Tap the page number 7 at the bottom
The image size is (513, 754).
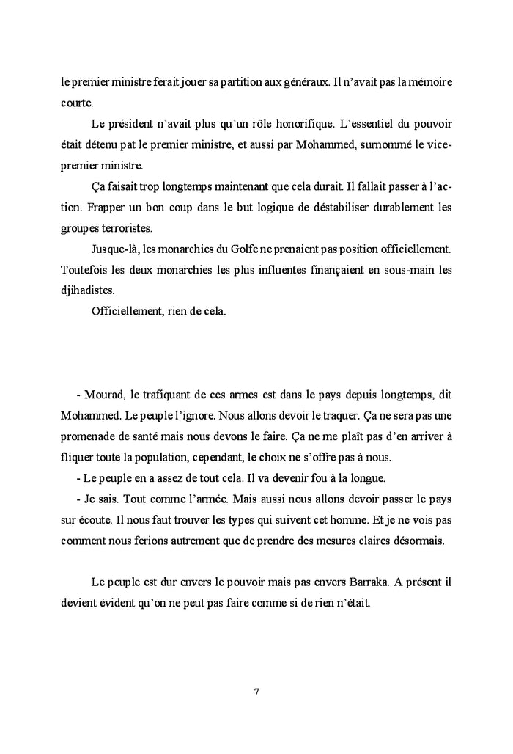click(x=256, y=691)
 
